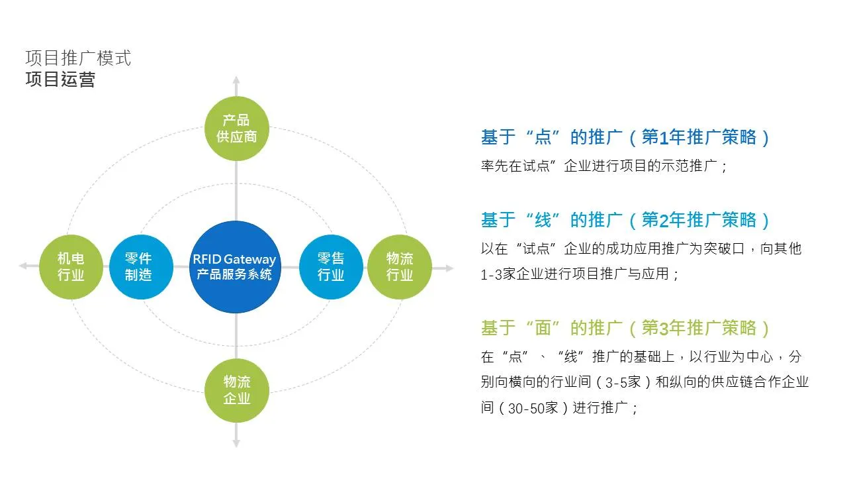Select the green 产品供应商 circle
click(236, 129)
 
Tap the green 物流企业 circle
click(236, 390)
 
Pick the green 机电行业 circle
click(71, 267)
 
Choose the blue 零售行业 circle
click(331, 267)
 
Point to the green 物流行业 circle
click(399, 267)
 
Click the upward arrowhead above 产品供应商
click(236, 80)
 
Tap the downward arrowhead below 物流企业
click(236, 443)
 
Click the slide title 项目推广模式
click(78, 58)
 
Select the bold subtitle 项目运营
click(60, 79)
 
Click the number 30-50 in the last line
click(526, 409)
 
